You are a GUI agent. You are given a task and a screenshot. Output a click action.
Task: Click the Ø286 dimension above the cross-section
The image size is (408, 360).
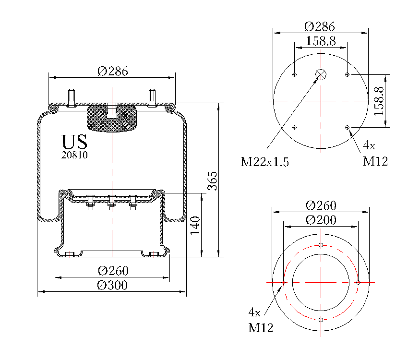tap(112, 71)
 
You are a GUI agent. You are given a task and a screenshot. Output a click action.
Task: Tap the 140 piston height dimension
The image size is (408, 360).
tap(194, 225)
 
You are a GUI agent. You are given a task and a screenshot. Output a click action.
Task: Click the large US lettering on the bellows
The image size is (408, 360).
tap(74, 142)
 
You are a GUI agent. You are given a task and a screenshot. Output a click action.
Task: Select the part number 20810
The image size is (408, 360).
tap(74, 155)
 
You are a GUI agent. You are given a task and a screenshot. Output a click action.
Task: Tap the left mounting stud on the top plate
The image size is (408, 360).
tap(71, 98)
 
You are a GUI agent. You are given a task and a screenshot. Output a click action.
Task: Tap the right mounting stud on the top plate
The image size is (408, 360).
tap(153, 98)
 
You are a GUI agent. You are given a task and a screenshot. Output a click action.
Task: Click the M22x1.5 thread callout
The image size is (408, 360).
tap(264, 162)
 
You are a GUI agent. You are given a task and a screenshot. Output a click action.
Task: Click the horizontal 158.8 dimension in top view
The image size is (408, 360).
tap(320, 41)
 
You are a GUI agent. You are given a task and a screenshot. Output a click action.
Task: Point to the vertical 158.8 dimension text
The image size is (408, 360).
tap(379, 101)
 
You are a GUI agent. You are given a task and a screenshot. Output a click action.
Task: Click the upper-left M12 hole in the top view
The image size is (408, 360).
tap(294, 74)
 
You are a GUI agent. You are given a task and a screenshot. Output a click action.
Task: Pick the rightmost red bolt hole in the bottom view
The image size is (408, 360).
tap(358, 283)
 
